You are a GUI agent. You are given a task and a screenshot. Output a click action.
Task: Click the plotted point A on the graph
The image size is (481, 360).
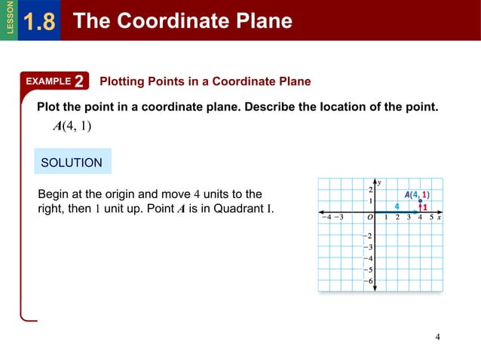pyautogui.click(x=421, y=201)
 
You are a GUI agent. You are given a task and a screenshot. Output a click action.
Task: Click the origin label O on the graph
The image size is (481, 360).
pyautogui.click(x=370, y=218)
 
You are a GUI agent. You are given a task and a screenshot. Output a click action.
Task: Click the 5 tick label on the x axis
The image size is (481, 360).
pyautogui.click(x=431, y=218)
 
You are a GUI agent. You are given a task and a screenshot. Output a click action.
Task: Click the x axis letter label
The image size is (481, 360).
pyautogui.click(x=440, y=217)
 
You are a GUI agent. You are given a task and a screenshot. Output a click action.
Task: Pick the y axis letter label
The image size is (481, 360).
pyautogui.click(x=379, y=182)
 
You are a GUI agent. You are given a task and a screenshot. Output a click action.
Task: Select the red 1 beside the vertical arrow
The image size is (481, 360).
pyautogui.click(x=425, y=206)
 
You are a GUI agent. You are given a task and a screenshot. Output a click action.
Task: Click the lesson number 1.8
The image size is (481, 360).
pyautogui.click(x=39, y=22)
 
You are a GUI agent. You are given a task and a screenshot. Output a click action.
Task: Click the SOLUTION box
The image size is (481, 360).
pyautogui.click(x=72, y=162)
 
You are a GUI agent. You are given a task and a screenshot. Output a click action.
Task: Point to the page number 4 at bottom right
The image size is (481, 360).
pyautogui.click(x=437, y=336)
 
